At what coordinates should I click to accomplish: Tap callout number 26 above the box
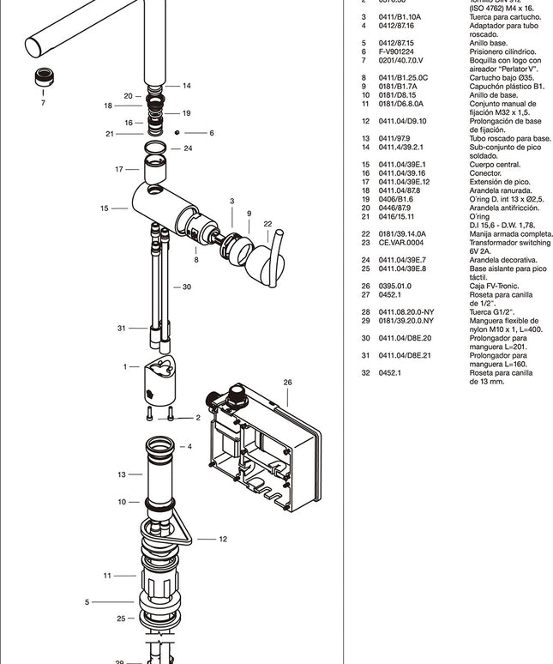click(x=288, y=383)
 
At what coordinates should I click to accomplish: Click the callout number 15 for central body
click(x=104, y=208)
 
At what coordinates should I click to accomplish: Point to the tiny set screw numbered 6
click(x=176, y=132)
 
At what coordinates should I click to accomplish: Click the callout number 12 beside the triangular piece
click(x=223, y=539)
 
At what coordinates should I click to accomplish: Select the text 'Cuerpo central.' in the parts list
click(x=496, y=164)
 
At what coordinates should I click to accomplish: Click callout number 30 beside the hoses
click(x=186, y=287)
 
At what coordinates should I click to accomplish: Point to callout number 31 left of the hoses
click(x=122, y=328)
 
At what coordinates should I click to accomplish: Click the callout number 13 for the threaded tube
click(x=122, y=474)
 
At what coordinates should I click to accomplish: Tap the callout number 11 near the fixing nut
click(x=108, y=575)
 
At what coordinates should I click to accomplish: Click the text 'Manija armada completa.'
click(x=511, y=233)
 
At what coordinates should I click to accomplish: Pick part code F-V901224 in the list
click(x=397, y=51)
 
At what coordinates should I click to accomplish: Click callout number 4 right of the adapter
click(x=189, y=446)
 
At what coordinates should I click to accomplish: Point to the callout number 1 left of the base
click(x=125, y=366)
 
